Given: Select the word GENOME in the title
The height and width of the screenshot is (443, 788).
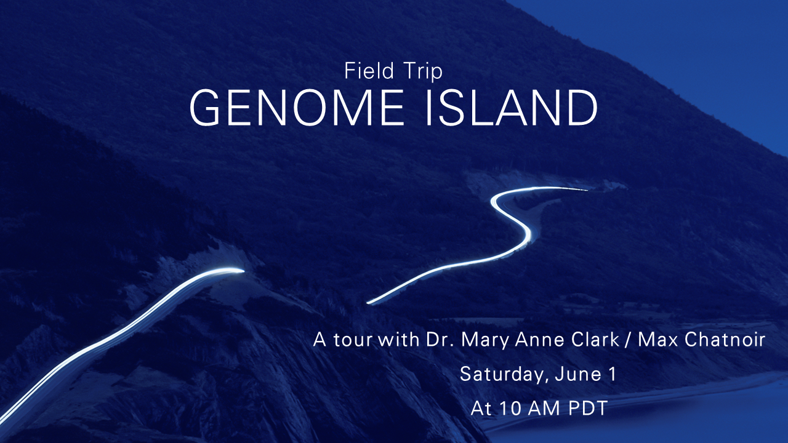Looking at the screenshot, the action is point(297,108).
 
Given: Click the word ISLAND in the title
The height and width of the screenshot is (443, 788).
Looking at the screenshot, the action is point(512,108).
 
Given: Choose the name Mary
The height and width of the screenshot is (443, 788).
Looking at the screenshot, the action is point(484,340).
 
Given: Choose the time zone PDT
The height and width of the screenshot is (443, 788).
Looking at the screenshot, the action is point(588,408).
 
